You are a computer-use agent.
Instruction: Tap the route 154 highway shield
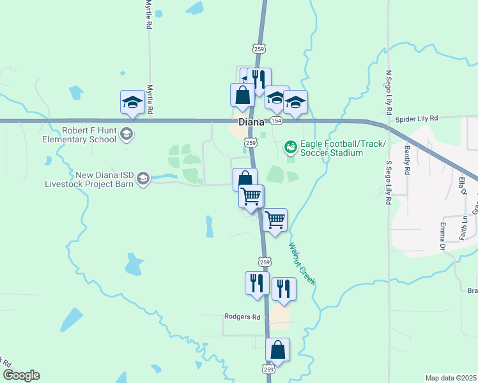(x=275, y=121)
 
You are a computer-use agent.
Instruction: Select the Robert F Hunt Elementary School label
(x=80, y=134)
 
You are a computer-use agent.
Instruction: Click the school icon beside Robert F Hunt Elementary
(x=127, y=133)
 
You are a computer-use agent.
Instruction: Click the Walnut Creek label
(x=302, y=263)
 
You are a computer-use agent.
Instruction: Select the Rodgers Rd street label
(x=243, y=317)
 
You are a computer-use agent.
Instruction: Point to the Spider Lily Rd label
(x=416, y=119)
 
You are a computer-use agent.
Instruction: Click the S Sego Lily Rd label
(x=388, y=182)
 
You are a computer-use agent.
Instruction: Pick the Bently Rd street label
(x=406, y=160)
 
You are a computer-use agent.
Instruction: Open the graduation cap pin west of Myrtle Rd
(x=132, y=101)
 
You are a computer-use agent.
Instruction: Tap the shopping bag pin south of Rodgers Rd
(x=277, y=350)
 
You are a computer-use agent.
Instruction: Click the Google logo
(x=20, y=375)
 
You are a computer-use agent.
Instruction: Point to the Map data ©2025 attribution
(x=451, y=378)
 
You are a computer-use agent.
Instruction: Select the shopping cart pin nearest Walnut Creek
(x=275, y=220)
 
